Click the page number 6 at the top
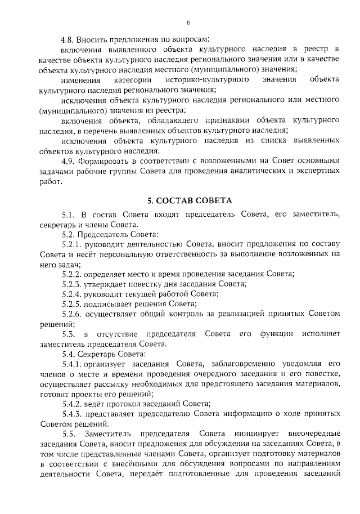point(188,23)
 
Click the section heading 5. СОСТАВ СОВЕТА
point(189,200)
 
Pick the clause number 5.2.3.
point(72,284)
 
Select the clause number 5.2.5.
point(72,304)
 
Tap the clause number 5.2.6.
point(72,314)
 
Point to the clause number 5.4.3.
point(72,414)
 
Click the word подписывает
point(107,304)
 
